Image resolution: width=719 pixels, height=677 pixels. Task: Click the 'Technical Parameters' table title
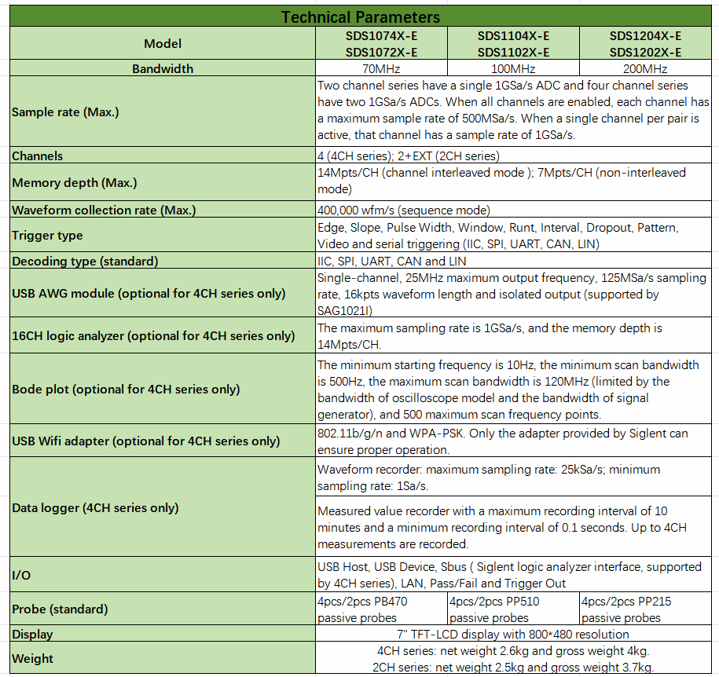point(361,16)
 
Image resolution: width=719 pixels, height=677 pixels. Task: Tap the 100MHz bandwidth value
point(512,69)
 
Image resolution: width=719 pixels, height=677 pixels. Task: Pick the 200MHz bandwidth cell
point(644,69)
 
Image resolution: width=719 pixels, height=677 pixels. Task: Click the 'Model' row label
point(163,44)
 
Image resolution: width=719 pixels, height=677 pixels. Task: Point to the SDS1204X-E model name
point(644,36)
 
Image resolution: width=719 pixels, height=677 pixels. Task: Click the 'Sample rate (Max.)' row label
point(66,112)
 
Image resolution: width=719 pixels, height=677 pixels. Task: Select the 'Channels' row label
point(38,156)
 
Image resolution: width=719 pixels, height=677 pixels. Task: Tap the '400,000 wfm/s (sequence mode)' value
point(404,210)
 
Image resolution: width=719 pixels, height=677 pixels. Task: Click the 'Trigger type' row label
point(47,235)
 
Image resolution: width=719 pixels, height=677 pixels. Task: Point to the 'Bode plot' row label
point(126,389)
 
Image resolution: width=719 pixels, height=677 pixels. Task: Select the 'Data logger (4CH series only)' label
point(95,507)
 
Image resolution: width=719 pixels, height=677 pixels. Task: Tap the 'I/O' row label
point(21,575)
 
